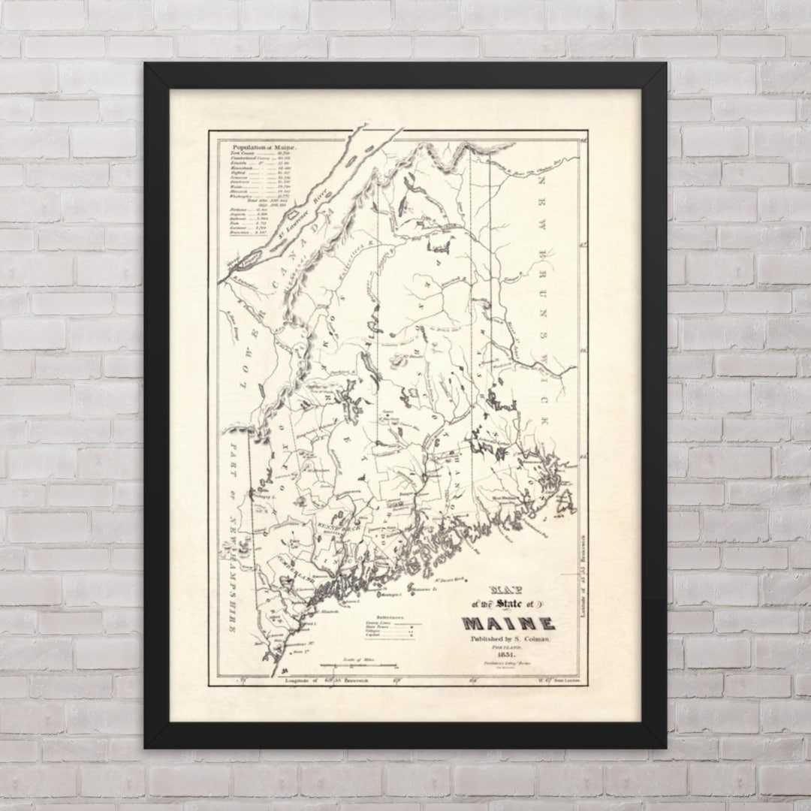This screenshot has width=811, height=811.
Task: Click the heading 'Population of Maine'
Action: pos(264,148)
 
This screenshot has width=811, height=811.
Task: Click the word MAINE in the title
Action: pos(508,623)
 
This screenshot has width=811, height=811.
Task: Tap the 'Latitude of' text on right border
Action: pos(583,604)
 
